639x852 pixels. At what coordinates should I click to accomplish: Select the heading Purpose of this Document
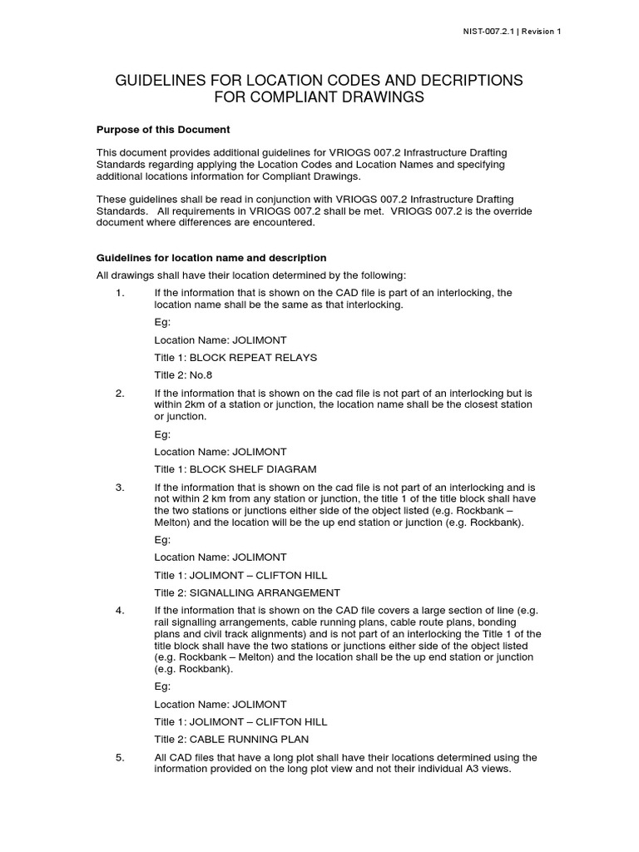tap(163, 130)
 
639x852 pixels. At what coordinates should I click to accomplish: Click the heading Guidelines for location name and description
tap(211, 258)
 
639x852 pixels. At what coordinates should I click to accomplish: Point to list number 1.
tap(120, 293)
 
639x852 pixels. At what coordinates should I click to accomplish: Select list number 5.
tap(120, 757)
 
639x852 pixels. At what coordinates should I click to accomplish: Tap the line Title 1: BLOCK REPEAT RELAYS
tap(235, 357)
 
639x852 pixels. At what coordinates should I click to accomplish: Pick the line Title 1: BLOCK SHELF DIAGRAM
tap(235, 469)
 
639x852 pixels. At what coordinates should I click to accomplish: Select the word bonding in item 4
tap(498, 622)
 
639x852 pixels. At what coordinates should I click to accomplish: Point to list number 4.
tap(120, 611)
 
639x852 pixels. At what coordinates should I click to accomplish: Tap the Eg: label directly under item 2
tap(162, 434)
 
